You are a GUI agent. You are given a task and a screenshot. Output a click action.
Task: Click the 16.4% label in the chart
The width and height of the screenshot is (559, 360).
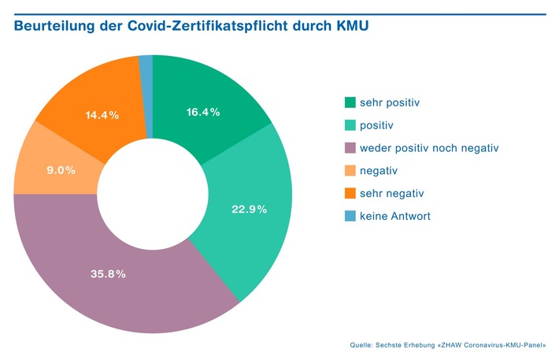pyautogui.click(x=203, y=113)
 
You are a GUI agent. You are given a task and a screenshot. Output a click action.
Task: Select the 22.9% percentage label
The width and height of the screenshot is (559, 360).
pyautogui.click(x=249, y=210)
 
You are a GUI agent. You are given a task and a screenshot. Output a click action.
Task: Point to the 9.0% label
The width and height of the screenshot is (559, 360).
pyautogui.click(x=60, y=169)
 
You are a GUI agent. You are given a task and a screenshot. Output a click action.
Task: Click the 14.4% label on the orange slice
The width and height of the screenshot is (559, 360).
pyautogui.click(x=102, y=115)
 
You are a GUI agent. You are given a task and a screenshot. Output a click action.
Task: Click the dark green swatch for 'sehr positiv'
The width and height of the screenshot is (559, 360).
pyautogui.click(x=350, y=102)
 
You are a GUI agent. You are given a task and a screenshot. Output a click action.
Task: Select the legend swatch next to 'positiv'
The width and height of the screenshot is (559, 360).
pyautogui.click(x=350, y=125)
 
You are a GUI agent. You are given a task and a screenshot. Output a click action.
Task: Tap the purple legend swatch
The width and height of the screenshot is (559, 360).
pyautogui.click(x=350, y=148)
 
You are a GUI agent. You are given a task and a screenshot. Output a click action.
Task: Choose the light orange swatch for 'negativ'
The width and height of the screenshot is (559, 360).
pyautogui.click(x=350, y=171)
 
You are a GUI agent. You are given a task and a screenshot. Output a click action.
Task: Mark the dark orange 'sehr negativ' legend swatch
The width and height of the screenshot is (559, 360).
pyautogui.click(x=350, y=194)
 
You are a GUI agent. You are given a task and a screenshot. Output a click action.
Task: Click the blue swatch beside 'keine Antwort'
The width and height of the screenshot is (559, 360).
pyautogui.click(x=350, y=217)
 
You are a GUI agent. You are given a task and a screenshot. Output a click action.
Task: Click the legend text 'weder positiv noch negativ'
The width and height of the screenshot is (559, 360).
pyautogui.click(x=429, y=148)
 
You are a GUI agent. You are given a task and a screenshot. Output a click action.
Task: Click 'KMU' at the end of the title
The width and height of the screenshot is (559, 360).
pyautogui.click(x=350, y=28)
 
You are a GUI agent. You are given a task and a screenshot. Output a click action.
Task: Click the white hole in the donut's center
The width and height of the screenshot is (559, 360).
pyautogui.click(x=153, y=194)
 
